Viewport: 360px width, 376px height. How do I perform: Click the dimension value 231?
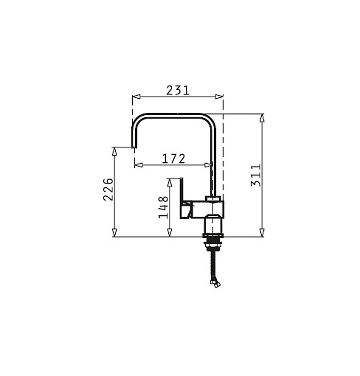pos(178,90)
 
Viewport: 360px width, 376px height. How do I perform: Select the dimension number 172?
pos(174,159)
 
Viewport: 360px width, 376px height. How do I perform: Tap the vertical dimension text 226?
pos(108,189)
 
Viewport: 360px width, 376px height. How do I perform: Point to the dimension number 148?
pos(163,207)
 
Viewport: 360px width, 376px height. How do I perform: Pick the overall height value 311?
pos(256,175)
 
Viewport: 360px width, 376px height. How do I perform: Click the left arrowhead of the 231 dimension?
pos(136,97)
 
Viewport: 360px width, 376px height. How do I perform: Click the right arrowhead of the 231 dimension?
pos(219,97)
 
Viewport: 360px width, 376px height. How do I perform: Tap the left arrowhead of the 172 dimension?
pos(138,165)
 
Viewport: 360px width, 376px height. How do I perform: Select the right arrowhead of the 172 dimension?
pos(208,165)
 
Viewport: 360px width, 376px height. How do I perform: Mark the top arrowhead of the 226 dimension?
pos(114,151)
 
